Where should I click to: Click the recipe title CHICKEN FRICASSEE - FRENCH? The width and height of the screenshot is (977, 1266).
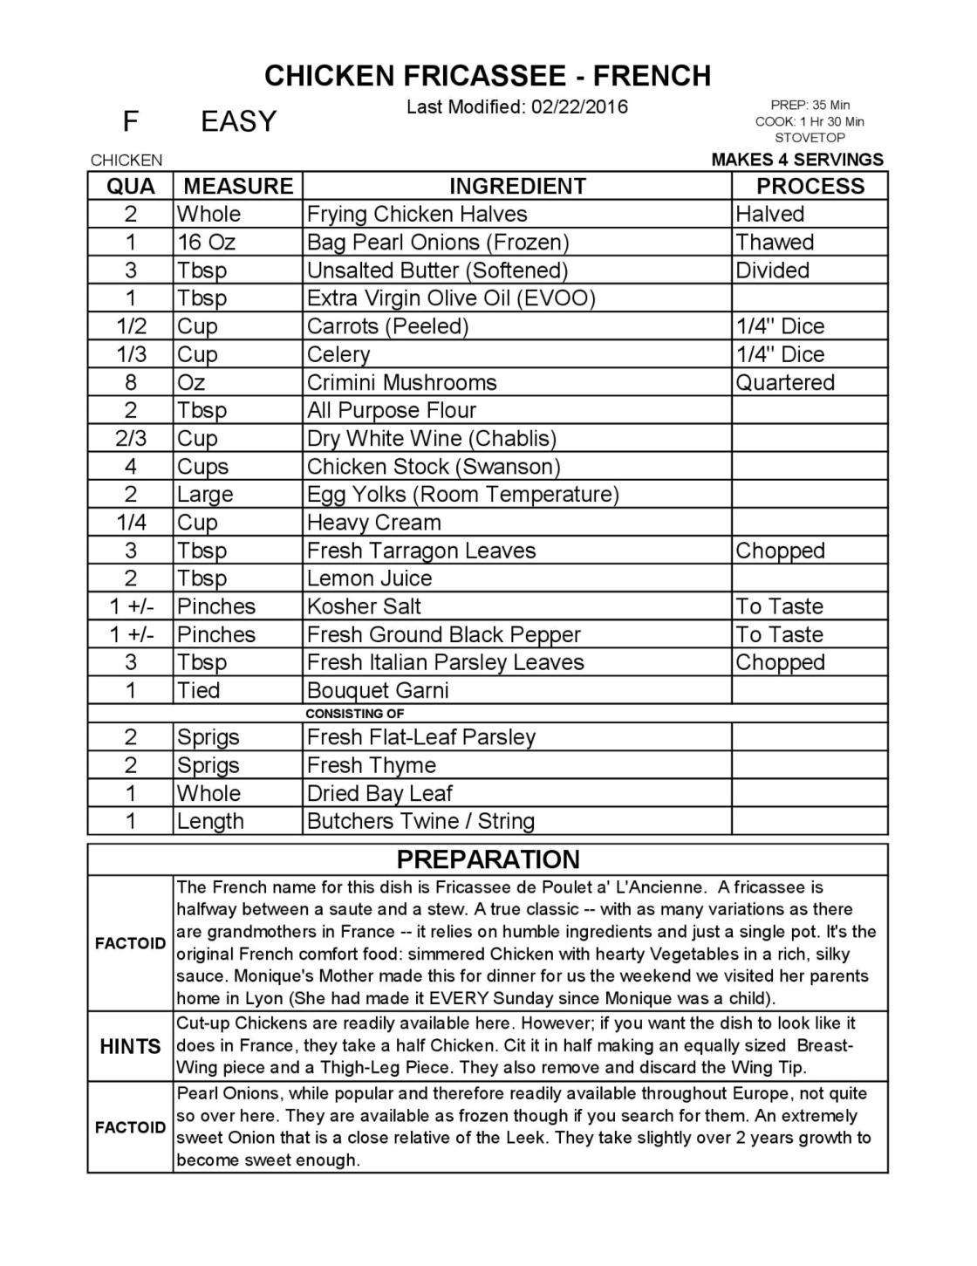click(488, 76)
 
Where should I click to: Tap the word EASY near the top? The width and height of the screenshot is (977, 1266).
click(238, 121)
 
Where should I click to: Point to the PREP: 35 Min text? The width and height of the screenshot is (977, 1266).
click(810, 106)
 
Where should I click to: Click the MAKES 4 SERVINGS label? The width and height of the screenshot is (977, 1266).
click(797, 160)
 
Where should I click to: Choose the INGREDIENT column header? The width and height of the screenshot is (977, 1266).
click(517, 186)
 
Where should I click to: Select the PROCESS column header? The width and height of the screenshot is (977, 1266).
click(810, 186)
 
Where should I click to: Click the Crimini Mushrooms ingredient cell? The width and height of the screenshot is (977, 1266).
click(401, 382)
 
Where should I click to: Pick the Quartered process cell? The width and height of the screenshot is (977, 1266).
click(785, 382)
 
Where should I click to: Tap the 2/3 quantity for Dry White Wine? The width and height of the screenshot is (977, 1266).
click(131, 438)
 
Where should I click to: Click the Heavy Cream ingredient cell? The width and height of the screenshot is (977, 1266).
click(373, 523)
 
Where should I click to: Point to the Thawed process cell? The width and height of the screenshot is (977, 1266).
click(775, 242)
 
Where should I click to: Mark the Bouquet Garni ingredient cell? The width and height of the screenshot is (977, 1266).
click(378, 690)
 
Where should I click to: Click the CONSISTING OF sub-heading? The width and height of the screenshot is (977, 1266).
click(355, 714)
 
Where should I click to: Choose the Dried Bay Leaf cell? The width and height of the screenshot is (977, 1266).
click(379, 793)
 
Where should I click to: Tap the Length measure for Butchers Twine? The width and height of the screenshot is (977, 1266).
click(210, 821)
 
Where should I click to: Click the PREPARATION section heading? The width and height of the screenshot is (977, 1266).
click(488, 859)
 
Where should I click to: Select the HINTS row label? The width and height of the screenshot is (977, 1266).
click(130, 1046)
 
